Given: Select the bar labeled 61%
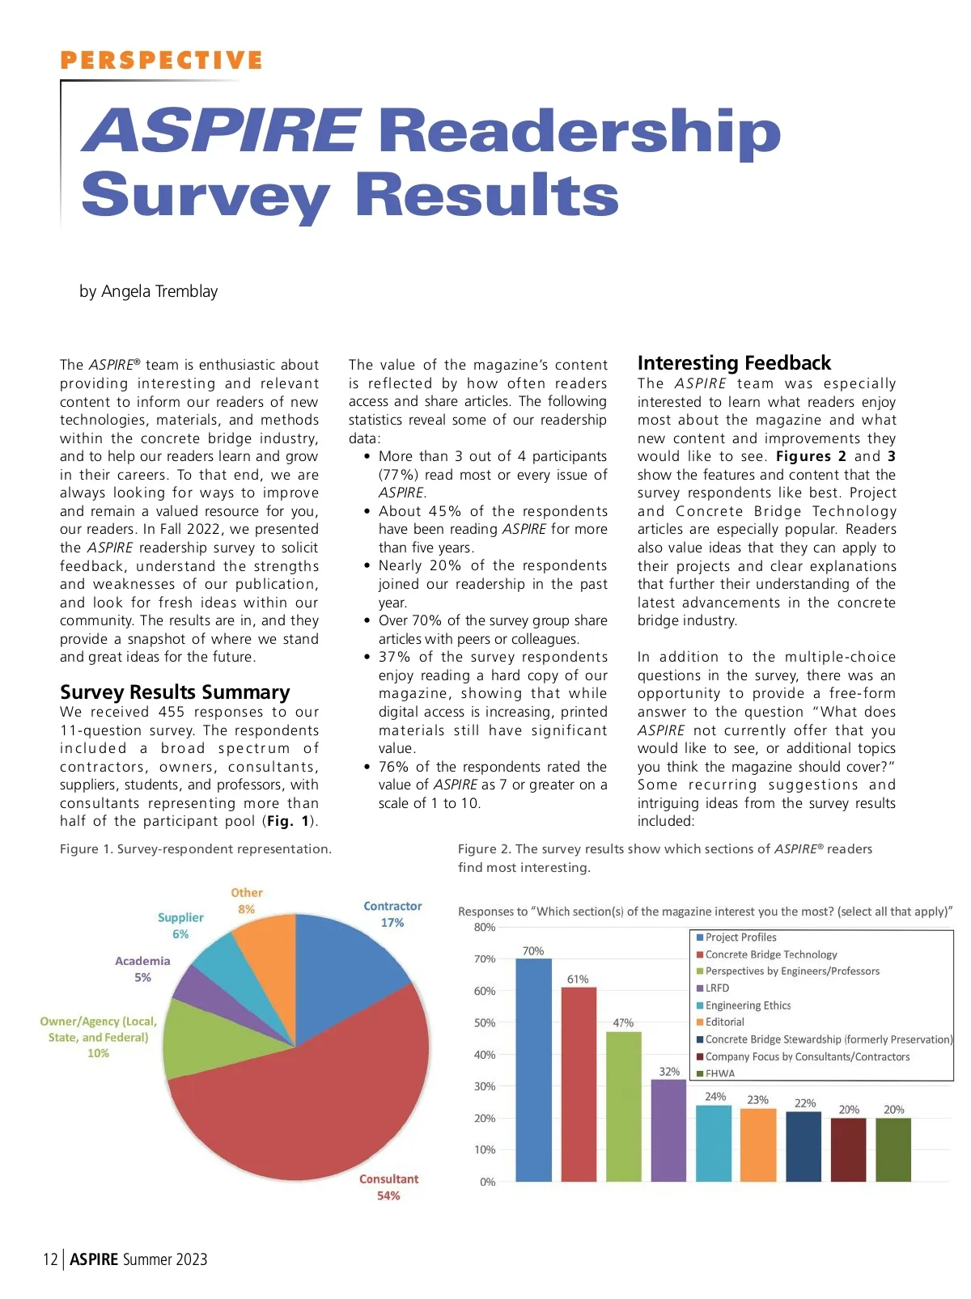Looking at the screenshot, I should tap(578, 1084).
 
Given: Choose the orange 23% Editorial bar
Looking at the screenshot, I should tap(758, 1145).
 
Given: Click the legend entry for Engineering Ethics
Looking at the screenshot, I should tap(747, 1005).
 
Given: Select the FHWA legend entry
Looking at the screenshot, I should tap(719, 1073).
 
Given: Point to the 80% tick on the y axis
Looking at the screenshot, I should tap(485, 928).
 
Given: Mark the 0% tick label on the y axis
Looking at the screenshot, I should tap(487, 1182).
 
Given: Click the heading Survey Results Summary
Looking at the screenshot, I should tap(175, 692).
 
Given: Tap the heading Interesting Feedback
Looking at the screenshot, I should tap(734, 362).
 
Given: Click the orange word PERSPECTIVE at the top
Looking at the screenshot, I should tap(162, 61).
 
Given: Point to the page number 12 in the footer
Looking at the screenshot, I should tap(50, 1259).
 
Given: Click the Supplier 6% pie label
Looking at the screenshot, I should tap(180, 925).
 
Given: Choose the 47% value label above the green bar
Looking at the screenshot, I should tap(623, 1023).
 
